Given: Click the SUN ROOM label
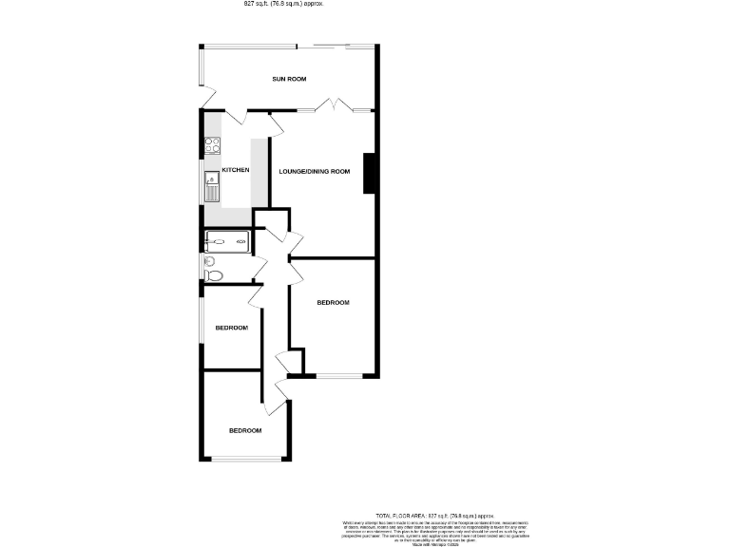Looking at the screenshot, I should pos(289,80).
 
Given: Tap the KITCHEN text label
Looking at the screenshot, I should pos(236,170).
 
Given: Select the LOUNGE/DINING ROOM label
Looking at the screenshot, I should pos(315,172).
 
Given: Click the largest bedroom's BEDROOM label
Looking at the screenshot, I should pos(333,303).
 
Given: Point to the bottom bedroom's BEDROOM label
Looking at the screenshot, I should pos(244,430).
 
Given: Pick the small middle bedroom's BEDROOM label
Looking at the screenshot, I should pos(231,328).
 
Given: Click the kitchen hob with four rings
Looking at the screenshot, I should pos(212,146).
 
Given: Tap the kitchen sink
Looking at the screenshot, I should pos(211,186).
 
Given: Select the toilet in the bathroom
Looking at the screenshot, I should pos(213,275).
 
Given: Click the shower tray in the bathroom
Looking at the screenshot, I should pos(228,242).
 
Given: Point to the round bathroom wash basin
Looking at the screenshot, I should pos(208,261).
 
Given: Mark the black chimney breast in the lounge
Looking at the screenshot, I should pos(370,173).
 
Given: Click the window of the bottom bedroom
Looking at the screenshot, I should pos(245,461).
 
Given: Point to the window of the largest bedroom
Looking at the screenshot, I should pos(339,377).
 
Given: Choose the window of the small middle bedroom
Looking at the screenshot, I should pos(201,327).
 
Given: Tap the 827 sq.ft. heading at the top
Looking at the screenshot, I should pos(284,4).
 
